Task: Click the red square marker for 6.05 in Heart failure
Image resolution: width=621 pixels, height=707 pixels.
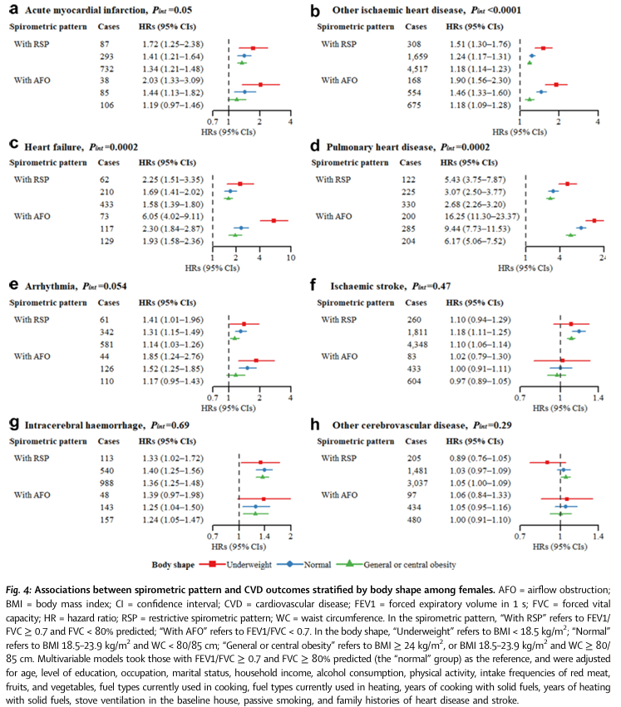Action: (274, 220)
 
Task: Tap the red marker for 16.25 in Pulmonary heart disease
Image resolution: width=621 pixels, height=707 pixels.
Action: (595, 220)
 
